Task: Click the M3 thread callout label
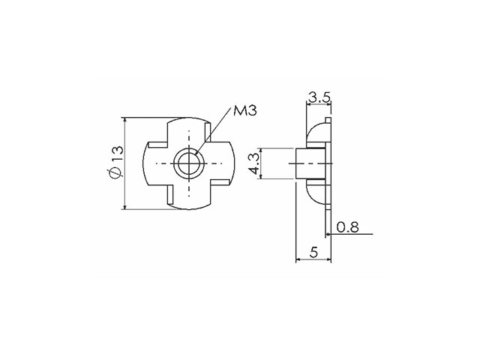[x=245, y=110]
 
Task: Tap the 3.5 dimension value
[x=319, y=97]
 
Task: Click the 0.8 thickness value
[x=347, y=227]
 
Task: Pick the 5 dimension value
[x=313, y=253]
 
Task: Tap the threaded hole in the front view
[x=189, y=163]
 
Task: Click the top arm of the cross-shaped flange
[x=189, y=130]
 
